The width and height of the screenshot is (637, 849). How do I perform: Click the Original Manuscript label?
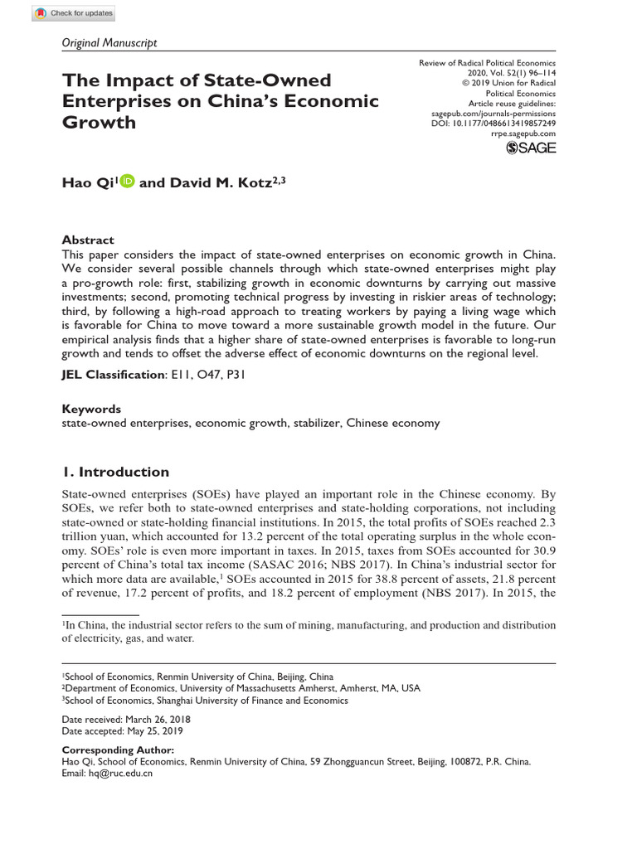tap(109, 42)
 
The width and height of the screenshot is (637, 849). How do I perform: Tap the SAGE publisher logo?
tap(530, 148)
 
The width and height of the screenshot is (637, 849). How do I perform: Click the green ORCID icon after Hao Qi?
tap(126, 182)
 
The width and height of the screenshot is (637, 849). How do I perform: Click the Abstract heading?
tap(88, 240)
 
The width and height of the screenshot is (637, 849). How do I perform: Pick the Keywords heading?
tap(91, 409)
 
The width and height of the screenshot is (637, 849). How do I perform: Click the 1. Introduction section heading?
tap(115, 472)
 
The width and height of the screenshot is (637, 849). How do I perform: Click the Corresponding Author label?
tap(119, 749)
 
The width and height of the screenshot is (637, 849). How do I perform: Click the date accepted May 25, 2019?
tap(123, 731)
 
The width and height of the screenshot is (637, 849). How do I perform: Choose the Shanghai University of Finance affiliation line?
tap(206, 700)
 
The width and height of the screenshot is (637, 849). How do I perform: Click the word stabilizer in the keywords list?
tap(312, 423)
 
